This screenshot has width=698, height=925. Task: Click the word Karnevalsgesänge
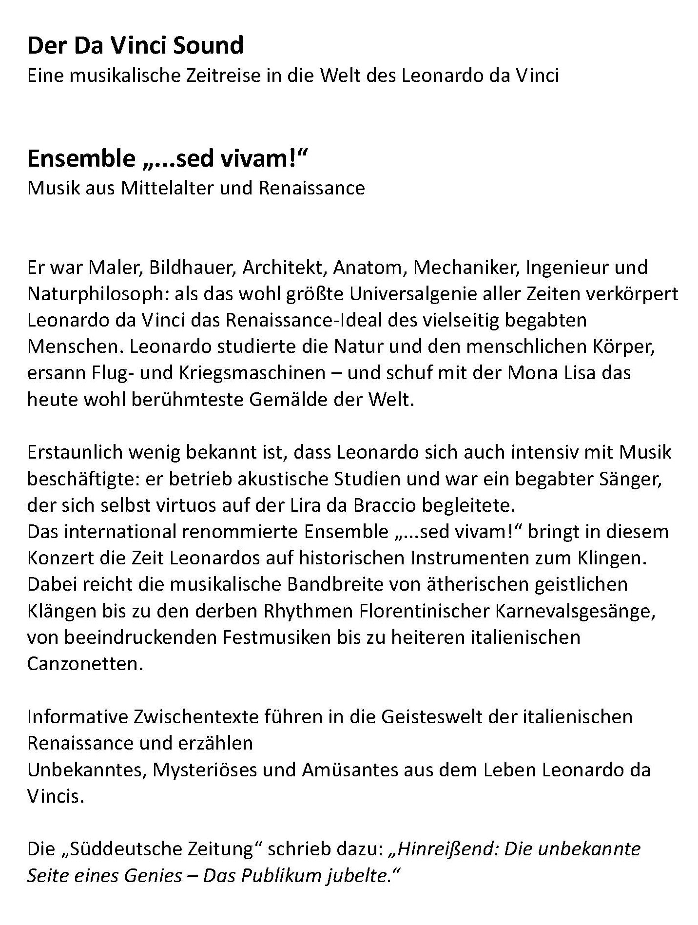(575, 611)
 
